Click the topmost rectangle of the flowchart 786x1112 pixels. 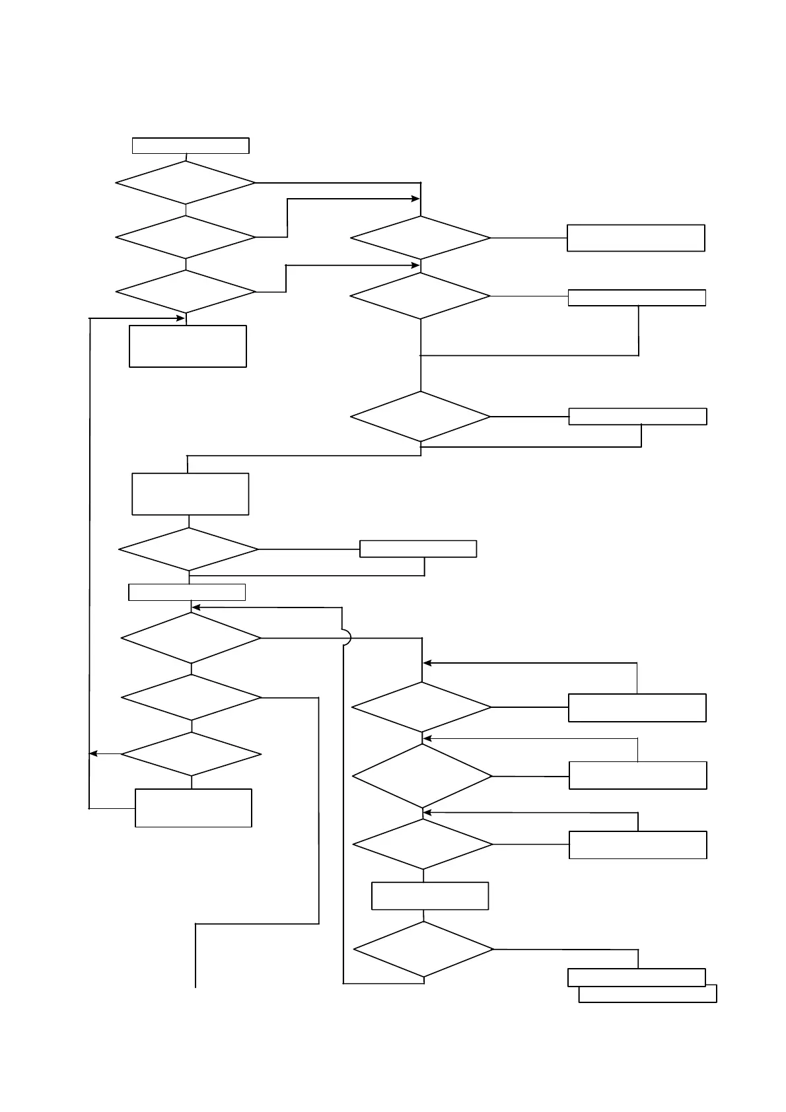click(x=190, y=145)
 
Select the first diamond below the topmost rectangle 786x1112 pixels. click(x=186, y=182)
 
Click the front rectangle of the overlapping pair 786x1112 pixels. click(x=636, y=977)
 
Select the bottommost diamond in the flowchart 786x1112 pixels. click(x=423, y=949)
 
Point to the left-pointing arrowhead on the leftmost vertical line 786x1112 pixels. click(x=93, y=753)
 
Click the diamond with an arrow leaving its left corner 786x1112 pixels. click(x=191, y=754)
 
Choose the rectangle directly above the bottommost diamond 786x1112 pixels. click(x=430, y=895)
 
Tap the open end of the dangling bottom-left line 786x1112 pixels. click(x=196, y=987)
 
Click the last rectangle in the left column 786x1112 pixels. click(x=193, y=808)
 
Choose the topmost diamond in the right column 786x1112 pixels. click(x=420, y=238)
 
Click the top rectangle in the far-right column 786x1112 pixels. click(x=635, y=238)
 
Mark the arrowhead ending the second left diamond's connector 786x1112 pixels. click(x=416, y=199)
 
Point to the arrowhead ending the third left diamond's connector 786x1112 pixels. click(x=416, y=265)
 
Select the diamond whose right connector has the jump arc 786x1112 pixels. click(x=191, y=638)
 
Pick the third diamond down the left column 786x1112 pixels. click(x=186, y=291)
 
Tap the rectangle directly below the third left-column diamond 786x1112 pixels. click(x=188, y=345)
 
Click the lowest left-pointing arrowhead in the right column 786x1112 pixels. click(x=427, y=812)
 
